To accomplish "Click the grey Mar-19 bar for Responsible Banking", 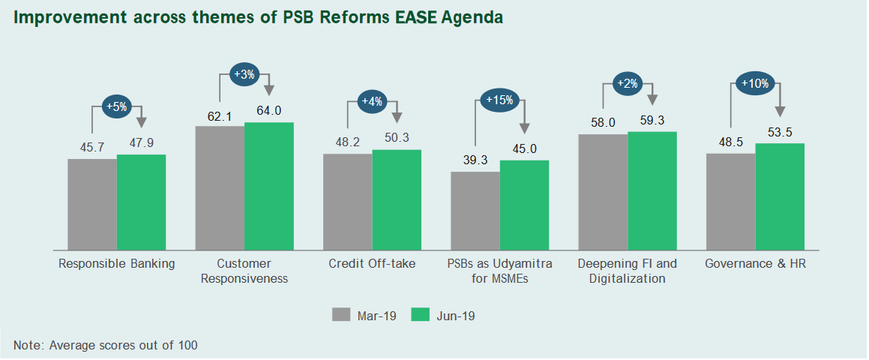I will pyautogui.click(x=92, y=204).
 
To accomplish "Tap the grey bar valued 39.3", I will pyautogui.click(x=475, y=211).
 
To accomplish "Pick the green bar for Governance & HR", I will pyautogui.click(x=780, y=196).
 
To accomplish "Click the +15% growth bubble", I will pyautogui.click(x=499, y=100).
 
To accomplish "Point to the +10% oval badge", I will pyautogui.click(x=754, y=83).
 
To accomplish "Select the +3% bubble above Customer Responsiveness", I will pyautogui.click(x=245, y=75).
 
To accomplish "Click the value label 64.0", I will pyautogui.click(x=268, y=111).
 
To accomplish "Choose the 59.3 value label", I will pyautogui.click(x=652, y=120).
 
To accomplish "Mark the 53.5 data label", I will pyautogui.click(x=780, y=132).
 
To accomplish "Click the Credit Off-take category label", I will pyautogui.click(x=372, y=264).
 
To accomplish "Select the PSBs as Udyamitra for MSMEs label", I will pyautogui.click(x=499, y=271).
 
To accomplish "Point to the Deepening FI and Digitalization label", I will pyautogui.click(x=627, y=271).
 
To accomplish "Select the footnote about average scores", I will pyautogui.click(x=106, y=345).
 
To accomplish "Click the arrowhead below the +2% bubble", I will pyautogui.click(x=652, y=99).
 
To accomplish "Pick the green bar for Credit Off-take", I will pyautogui.click(x=397, y=199).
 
